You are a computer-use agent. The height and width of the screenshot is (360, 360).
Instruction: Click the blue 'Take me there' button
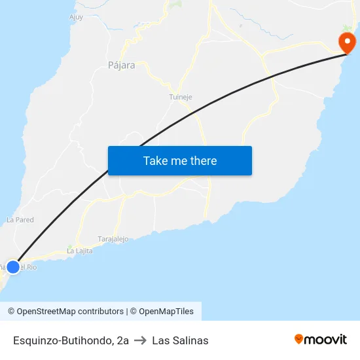coord(180,160)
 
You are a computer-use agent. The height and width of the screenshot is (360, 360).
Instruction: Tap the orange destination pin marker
coord(347,43)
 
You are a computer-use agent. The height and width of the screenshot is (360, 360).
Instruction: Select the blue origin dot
coord(12,267)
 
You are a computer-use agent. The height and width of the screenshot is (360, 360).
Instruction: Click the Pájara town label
coord(121,65)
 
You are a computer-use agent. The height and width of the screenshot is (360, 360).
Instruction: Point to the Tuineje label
coord(181,97)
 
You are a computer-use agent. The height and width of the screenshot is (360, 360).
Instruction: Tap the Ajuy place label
coord(76,18)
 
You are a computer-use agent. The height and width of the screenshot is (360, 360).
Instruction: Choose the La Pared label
coord(20,220)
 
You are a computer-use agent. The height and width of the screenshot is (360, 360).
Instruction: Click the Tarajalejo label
coord(113,239)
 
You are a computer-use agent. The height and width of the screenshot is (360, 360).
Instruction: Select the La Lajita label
coord(79,251)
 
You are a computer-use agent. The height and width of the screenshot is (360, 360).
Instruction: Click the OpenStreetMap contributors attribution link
coord(70,312)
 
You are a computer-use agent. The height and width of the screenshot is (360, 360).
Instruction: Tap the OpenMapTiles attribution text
coord(166,312)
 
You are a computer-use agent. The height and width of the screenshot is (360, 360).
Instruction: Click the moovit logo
coord(321,340)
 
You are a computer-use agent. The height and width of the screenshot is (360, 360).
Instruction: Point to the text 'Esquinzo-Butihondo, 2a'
coord(71,340)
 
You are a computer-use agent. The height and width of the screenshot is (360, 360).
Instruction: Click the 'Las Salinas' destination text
coord(180,340)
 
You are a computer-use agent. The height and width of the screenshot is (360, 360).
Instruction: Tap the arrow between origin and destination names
coord(140,340)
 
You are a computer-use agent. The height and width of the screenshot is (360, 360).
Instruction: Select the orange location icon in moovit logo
coord(299,339)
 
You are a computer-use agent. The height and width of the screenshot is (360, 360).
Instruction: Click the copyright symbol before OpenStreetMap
coord(11,312)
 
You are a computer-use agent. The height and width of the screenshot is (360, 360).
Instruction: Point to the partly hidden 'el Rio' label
coord(27,267)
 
